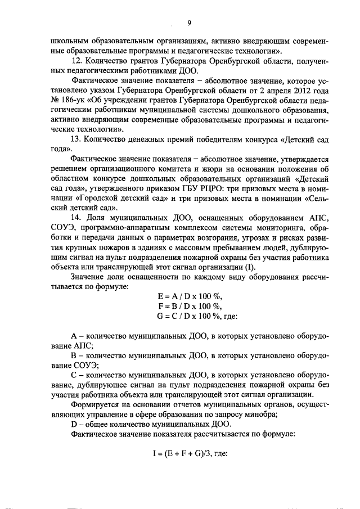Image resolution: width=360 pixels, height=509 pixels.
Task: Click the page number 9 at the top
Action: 189,22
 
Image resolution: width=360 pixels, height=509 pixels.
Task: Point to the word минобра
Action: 257,415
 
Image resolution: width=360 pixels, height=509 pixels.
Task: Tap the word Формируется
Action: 96,405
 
